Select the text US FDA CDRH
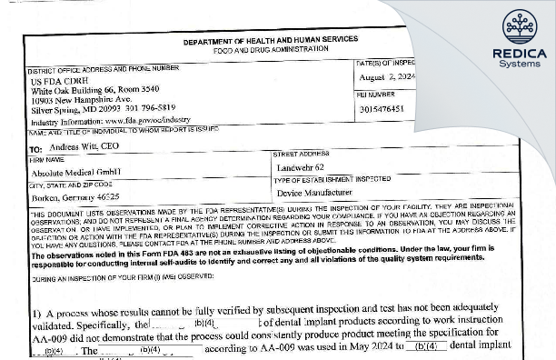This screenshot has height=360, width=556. tap(54, 80)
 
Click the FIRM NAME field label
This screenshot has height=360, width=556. tap(46, 158)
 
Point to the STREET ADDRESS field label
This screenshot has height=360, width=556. tap(301, 155)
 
